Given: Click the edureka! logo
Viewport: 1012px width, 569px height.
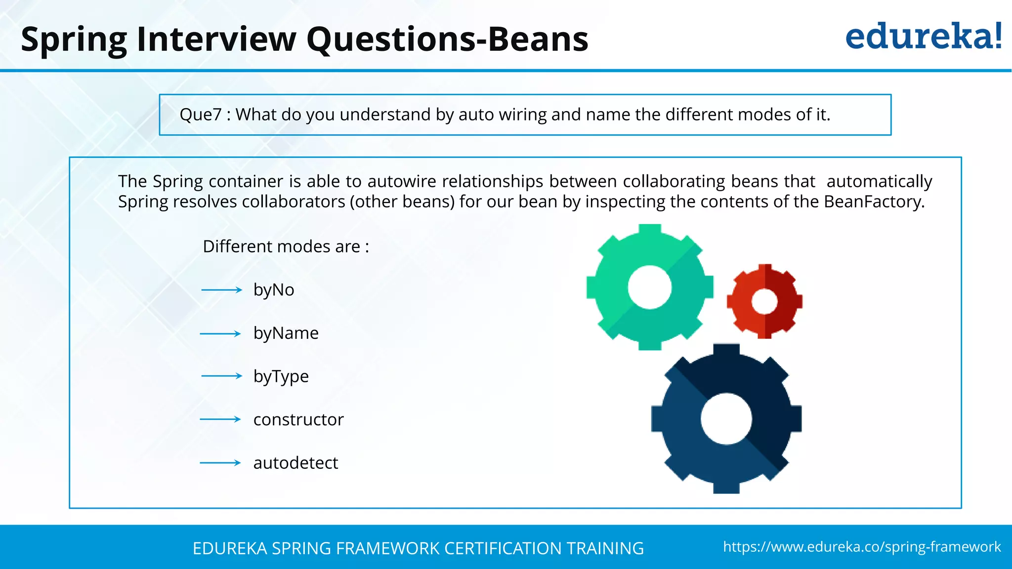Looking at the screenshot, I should click(x=923, y=37).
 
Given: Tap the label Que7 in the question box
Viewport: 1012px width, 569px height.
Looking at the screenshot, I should click(x=200, y=115).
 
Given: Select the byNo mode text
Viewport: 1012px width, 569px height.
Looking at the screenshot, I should click(x=274, y=289).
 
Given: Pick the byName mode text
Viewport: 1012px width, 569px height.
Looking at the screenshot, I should click(x=286, y=333).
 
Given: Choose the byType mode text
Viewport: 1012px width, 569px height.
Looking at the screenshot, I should click(x=281, y=376).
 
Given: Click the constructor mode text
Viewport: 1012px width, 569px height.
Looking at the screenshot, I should click(x=298, y=419).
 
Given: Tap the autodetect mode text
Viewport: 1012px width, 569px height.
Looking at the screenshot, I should click(x=295, y=463).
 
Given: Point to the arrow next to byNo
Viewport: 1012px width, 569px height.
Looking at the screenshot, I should click(x=221, y=290).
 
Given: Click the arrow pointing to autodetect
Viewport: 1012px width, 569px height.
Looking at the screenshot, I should click(x=220, y=463).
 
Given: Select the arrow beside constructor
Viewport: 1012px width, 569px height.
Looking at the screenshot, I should click(x=220, y=419).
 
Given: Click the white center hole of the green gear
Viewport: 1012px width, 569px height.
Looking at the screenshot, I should click(x=649, y=287).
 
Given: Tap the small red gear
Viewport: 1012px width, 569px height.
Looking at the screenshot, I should click(x=764, y=301).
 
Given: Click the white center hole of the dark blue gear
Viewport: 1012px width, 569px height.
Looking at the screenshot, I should click(x=726, y=419).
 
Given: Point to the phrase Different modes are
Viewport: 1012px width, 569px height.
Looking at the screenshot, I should click(x=286, y=246).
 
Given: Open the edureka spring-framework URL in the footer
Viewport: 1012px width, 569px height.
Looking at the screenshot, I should click(x=862, y=547).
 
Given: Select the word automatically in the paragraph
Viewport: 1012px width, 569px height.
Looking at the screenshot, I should click(x=879, y=181).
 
